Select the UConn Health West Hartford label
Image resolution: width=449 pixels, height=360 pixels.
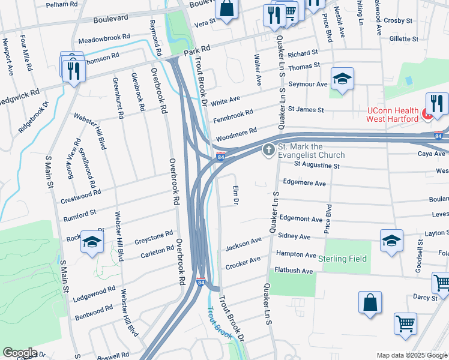pyautogui.click(x=393, y=115)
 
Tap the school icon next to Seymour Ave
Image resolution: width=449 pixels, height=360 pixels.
pyautogui.click(x=342, y=79)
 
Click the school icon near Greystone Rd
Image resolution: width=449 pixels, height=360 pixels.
pyautogui.click(x=92, y=242)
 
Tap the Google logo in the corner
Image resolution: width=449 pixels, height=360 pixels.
pyautogui.click(x=19, y=353)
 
